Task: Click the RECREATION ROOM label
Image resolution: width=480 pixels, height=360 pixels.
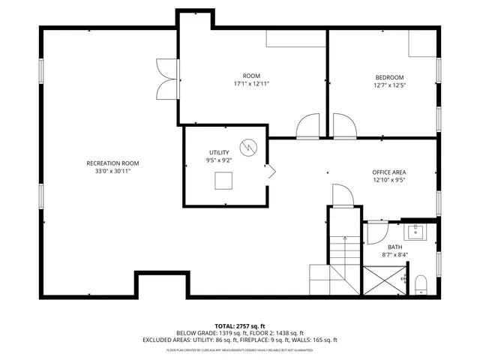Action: [x=112, y=163]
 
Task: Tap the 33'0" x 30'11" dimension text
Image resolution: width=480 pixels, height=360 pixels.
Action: [x=112, y=171]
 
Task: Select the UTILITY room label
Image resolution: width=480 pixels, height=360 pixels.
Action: [x=220, y=152]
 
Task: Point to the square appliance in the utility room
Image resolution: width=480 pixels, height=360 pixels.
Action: [x=223, y=181]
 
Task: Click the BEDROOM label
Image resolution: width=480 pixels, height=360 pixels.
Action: [x=389, y=77]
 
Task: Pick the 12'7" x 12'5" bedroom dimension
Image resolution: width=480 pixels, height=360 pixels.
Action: [x=389, y=85]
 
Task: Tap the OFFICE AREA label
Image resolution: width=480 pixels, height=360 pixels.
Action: [x=389, y=172]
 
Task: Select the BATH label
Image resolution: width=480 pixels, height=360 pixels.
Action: [x=394, y=247]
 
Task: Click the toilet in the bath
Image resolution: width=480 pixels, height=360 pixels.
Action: [x=421, y=283]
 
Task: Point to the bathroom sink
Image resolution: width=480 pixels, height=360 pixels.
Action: [x=415, y=231]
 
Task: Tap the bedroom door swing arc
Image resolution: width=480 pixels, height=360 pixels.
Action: [x=345, y=127]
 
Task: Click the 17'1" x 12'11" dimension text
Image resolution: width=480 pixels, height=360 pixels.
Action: [x=251, y=84]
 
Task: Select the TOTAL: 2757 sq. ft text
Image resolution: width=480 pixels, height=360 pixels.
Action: [x=239, y=325]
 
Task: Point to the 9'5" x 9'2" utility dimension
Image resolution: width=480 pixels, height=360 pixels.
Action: [x=220, y=160]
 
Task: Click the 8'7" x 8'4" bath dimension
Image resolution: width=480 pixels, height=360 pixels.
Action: [x=394, y=255]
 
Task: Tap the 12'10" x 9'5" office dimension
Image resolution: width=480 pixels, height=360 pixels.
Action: [x=389, y=180]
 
